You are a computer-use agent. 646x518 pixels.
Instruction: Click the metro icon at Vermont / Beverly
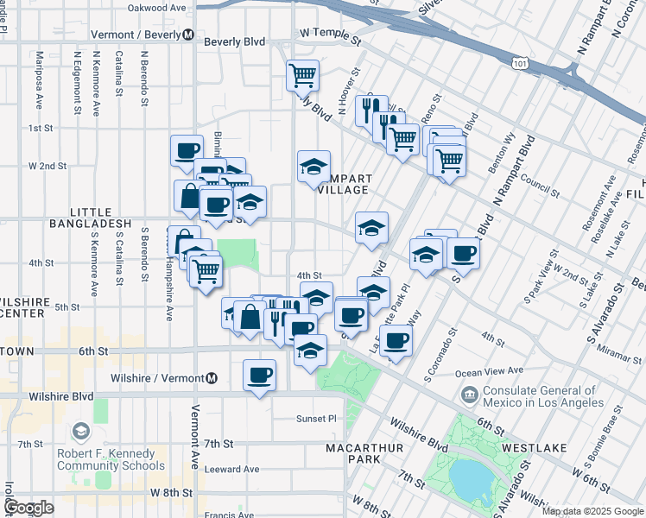pyautogui.click(x=187, y=35)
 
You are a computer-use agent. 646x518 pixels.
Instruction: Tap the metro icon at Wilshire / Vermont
pyautogui.click(x=212, y=378)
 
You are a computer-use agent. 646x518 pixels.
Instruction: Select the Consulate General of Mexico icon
pyautogui.click(x=470, y=396)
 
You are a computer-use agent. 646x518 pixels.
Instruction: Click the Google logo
pyautogui.click(x=28, y=508)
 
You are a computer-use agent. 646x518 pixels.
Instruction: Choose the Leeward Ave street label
pyautogui.click(x=232, y=470)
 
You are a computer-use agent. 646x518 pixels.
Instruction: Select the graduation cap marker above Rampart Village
pyautogui.click(x=314, y=166)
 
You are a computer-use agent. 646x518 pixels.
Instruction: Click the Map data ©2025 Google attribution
pyautogui.click(x=592, y=511)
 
